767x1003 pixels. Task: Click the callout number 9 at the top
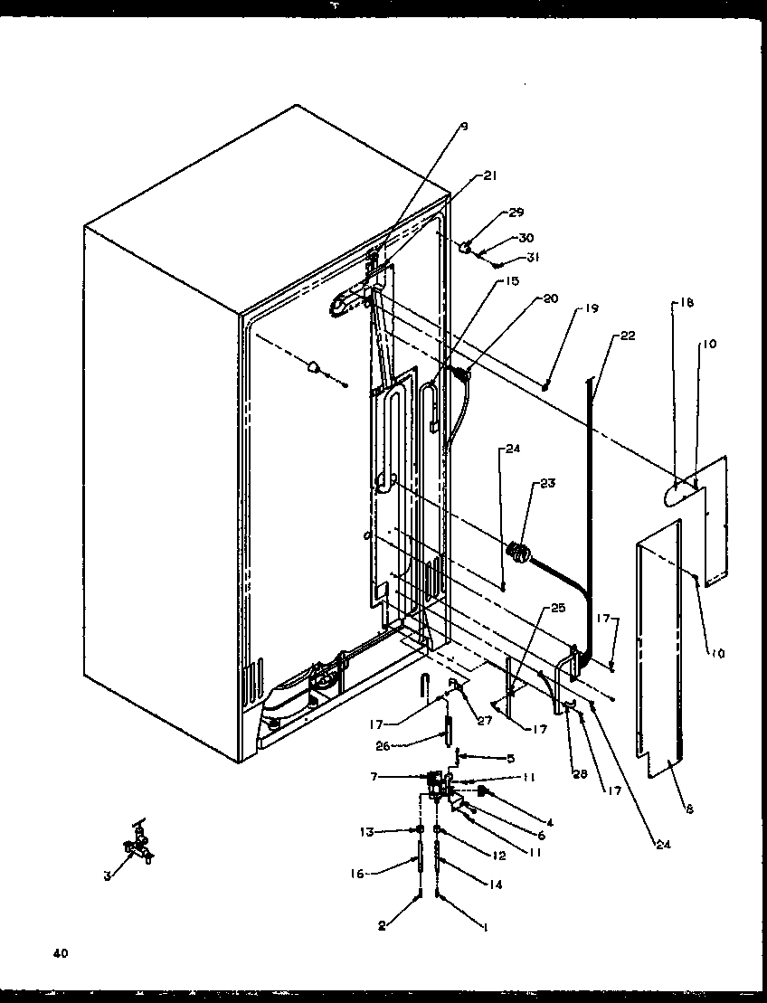(464, 128)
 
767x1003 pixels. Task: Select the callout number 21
(490, 176)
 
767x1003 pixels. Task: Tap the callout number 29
(516, 213)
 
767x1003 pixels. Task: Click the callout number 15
(512, 281)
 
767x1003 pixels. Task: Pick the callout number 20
(550, 298)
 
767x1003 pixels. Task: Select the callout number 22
(628, 336)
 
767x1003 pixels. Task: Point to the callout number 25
(558, 608)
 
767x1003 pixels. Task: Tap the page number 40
(61, 953)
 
